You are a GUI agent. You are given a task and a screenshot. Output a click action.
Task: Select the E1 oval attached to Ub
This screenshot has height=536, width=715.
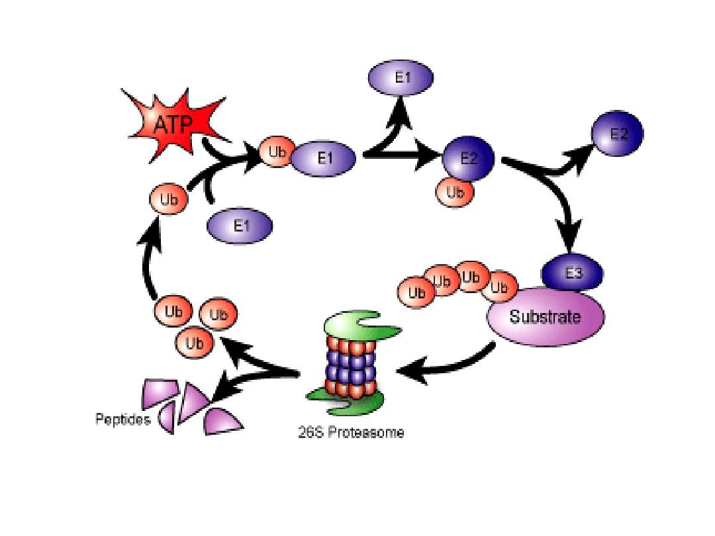(324, 158)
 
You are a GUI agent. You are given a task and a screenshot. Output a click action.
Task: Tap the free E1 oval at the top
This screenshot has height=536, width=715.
(401, 77)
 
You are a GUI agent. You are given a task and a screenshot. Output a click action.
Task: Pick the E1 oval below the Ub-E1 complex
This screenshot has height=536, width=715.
(240, 227)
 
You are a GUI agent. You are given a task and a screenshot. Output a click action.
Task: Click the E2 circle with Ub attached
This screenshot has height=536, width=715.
(468, 159)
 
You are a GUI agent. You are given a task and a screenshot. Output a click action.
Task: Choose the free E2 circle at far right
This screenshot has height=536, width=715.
(618, 134)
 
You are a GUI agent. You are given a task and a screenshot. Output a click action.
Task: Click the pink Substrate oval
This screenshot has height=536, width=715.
(546, 317)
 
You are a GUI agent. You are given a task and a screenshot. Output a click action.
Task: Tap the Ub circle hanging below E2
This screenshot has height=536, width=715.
(455, 192)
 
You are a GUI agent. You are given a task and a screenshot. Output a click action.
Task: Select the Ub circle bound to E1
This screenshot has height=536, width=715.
(275, 152)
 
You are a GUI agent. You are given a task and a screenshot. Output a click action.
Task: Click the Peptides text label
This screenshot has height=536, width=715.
(123, 420)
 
